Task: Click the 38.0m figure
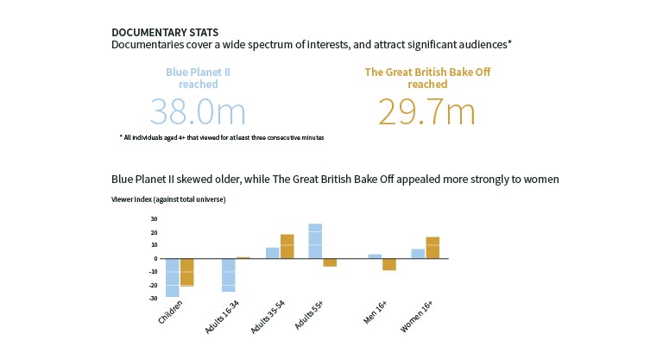[198, 112]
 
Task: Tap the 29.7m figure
[426, 112]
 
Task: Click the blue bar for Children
[173, 277]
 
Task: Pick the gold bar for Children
[186, 272]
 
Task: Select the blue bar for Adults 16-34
[229, 275]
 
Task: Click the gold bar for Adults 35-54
[287, 246]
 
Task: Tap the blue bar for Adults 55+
[315, 241]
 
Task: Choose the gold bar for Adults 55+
[329, 262]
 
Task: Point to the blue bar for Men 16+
[375, 256]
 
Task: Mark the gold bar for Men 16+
[388, 264]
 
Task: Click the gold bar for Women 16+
[432, 247]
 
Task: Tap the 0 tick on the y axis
[155, 258]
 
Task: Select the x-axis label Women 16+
[418, 318]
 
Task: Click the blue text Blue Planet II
[198, 72]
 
